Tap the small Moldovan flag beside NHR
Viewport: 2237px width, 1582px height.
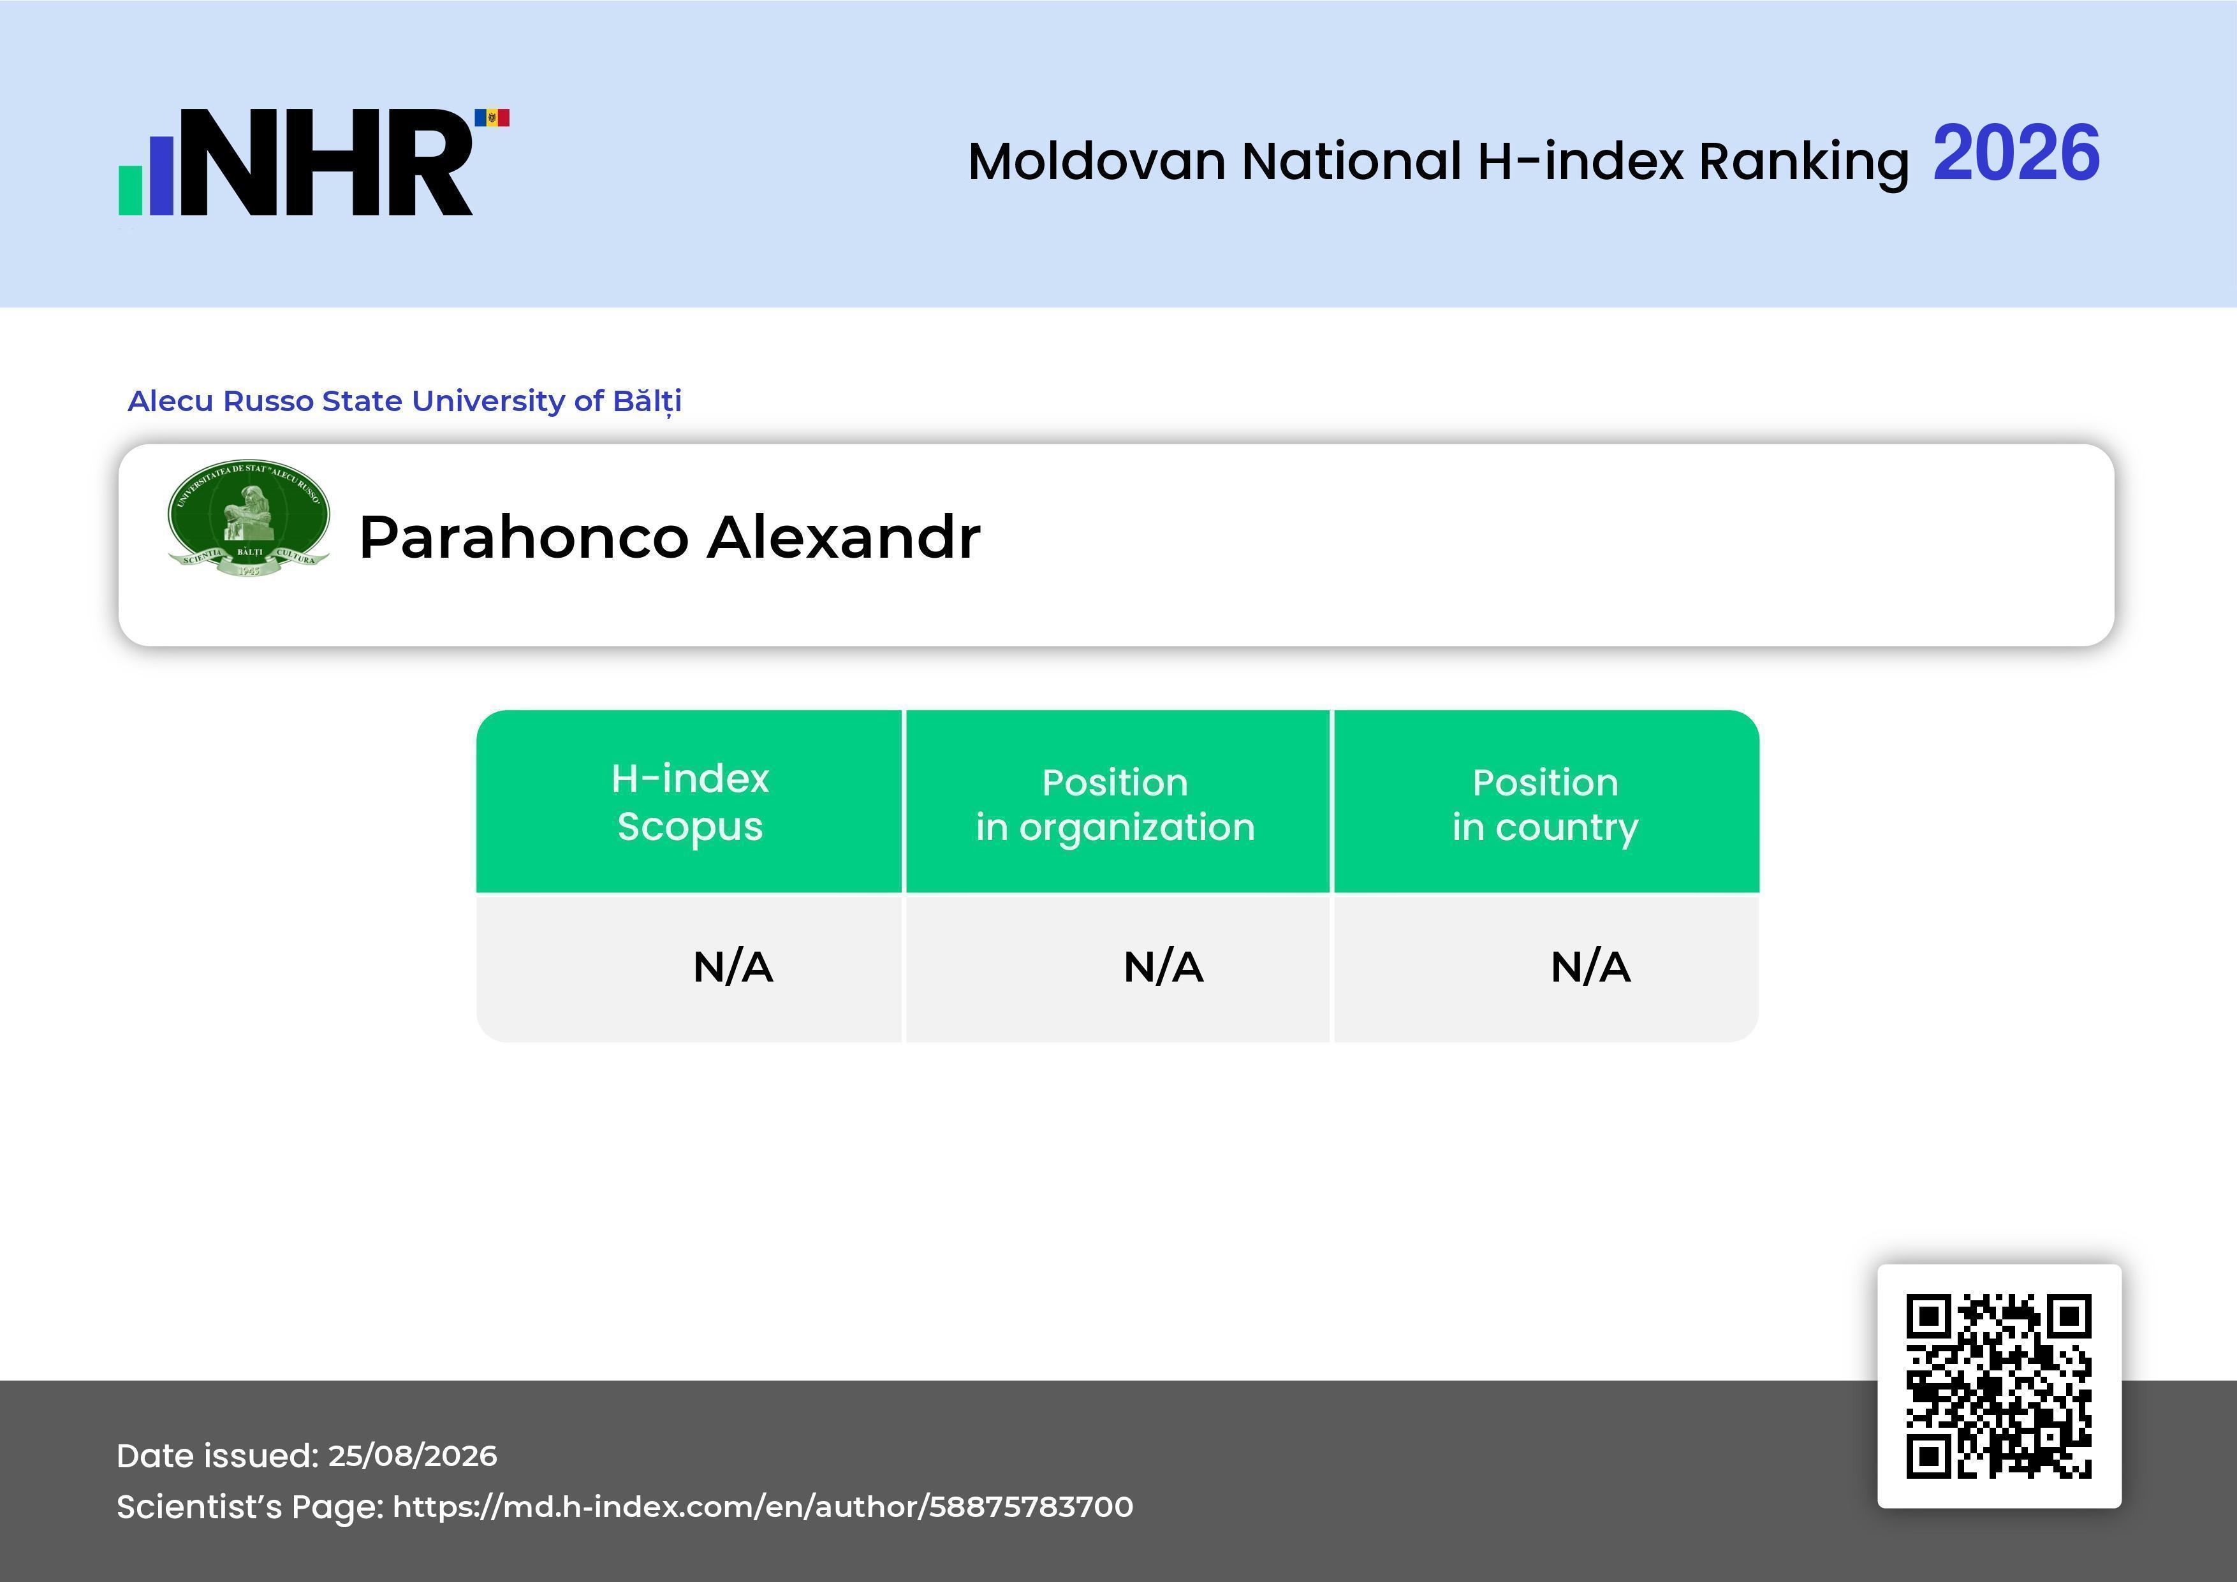coord(492,118)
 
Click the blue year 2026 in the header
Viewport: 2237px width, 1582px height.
coord(2016,153)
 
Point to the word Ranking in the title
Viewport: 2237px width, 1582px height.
coord(1803,163)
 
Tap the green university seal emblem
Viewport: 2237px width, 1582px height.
coord(249,518)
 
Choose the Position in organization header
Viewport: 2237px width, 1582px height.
coord(1115,804)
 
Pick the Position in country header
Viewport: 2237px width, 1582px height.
coord(1545,804)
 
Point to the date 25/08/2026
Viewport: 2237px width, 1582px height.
coord(412,1455)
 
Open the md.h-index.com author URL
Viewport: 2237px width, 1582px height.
coord(763,1507)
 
